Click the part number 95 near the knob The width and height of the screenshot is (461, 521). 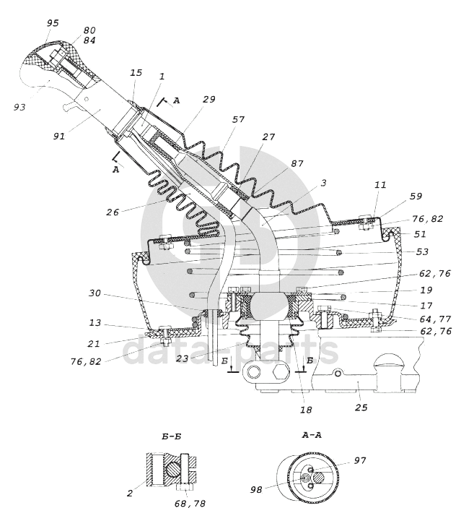click(x=53, y=23)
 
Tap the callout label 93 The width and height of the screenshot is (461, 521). click(x=19, y=107)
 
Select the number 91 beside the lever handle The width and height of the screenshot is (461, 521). click(x=58, y=136)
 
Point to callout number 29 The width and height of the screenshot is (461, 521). click(x=209, y=99)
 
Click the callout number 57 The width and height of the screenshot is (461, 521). click(x=238, y=119)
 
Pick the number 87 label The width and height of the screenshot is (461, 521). click(x=297, y=163)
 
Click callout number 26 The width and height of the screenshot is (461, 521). click(x=113, y=212)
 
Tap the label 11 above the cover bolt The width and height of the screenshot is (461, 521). click(x=380, y=184)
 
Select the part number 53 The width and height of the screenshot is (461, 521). click(x=422, y=251)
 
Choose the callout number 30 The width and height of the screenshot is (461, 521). click(x=95, y=293)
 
